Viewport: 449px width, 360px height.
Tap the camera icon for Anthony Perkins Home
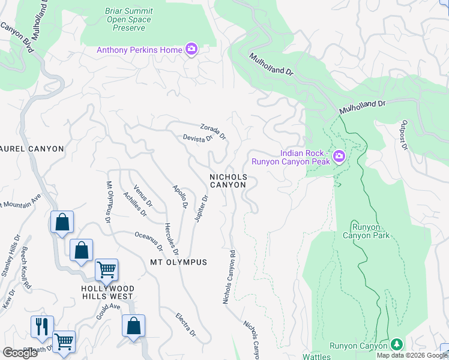(191, 49)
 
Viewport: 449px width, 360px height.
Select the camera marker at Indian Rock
(339, 157)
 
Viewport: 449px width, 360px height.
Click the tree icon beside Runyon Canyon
(396, 345)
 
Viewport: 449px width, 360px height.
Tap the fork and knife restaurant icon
(42, 326)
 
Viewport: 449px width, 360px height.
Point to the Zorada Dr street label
(213, 131)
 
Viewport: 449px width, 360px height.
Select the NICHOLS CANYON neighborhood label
(228, 181)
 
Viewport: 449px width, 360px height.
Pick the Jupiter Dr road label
(201, 208)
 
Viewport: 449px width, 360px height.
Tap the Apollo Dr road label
(181, 196)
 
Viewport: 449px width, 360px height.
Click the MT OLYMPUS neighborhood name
(178, 262)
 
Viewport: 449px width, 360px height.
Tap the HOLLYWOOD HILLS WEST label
(107, 292)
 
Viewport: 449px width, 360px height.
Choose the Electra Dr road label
(185, 324)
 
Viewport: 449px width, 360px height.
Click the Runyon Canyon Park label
(366, 230)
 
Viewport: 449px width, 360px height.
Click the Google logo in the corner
(20, 353)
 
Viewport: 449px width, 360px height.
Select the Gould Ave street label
(109, 314)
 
